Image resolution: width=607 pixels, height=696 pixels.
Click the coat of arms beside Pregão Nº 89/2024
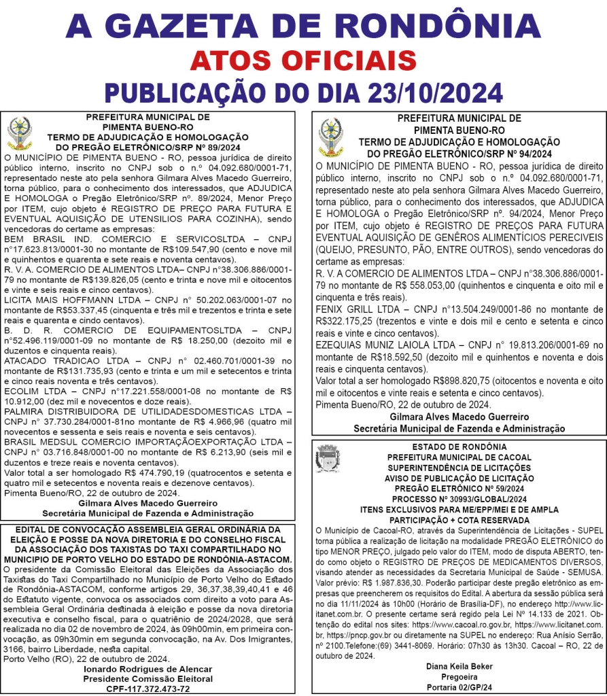pos(20,134)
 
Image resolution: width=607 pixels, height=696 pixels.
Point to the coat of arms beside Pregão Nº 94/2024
pos(331,138)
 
